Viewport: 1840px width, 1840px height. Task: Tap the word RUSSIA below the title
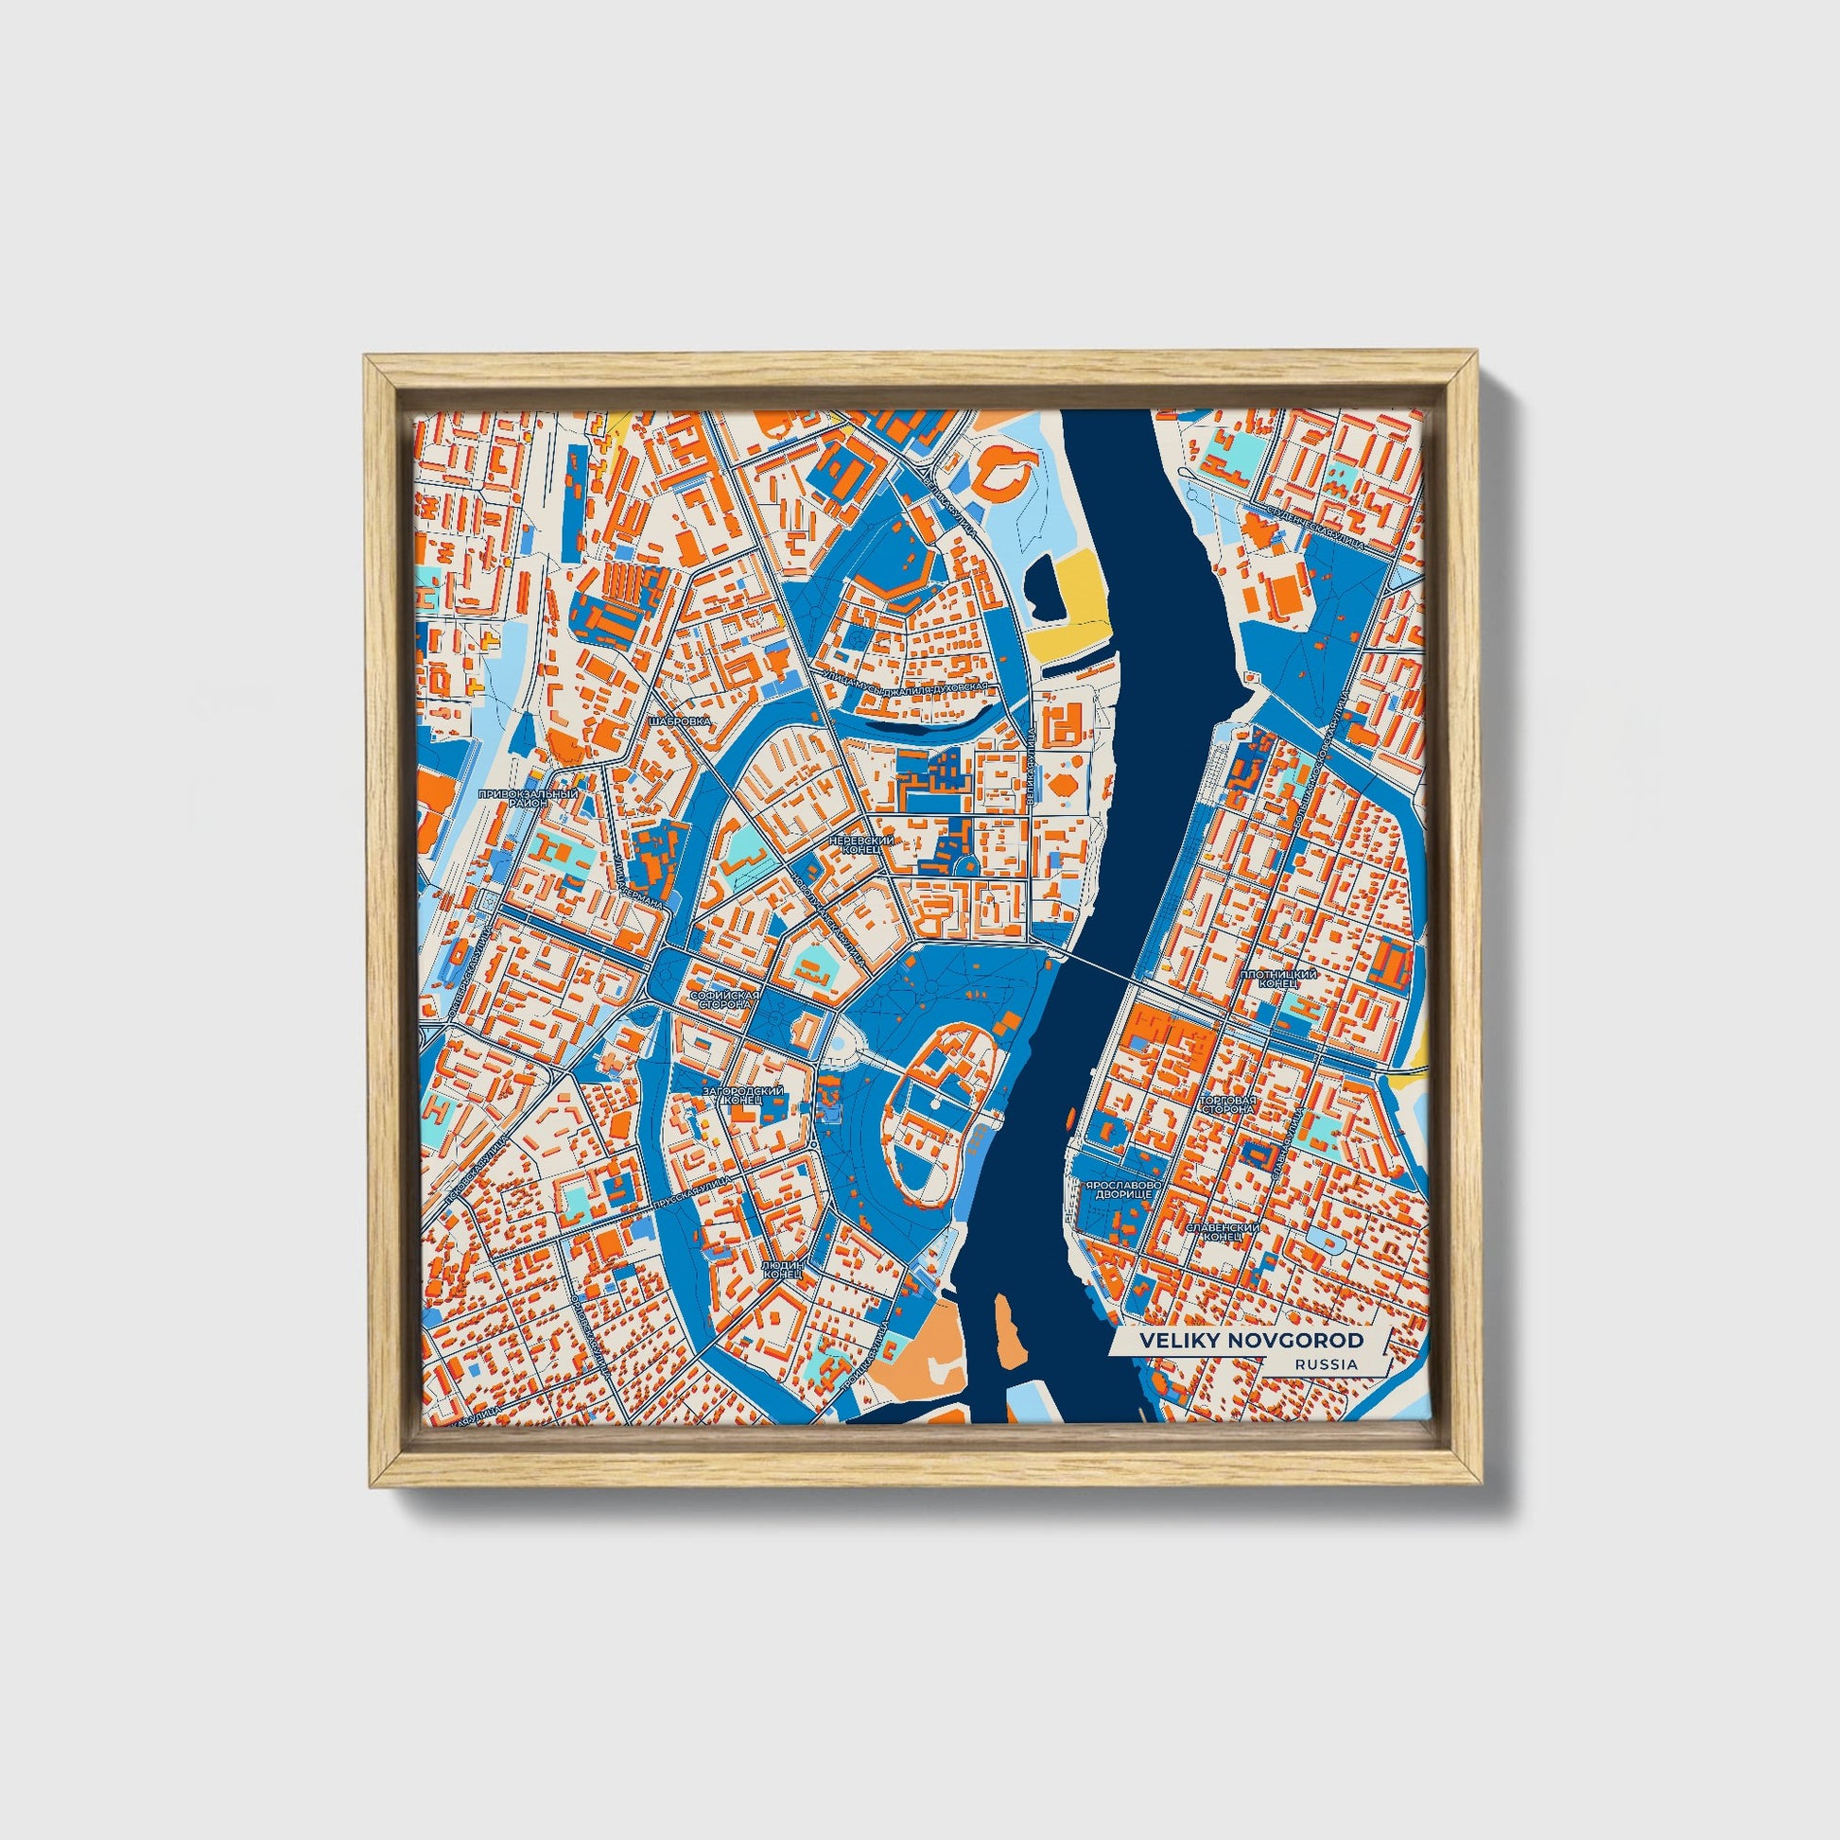coord(1326,1364)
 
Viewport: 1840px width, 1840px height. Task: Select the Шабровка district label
coord(679,721)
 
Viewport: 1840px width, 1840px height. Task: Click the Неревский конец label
coord(862,843)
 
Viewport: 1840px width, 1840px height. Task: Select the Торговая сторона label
coord(1228,1104)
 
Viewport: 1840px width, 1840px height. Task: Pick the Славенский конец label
coord(1223,1232)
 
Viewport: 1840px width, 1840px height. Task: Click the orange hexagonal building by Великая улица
coord(1061,784)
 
